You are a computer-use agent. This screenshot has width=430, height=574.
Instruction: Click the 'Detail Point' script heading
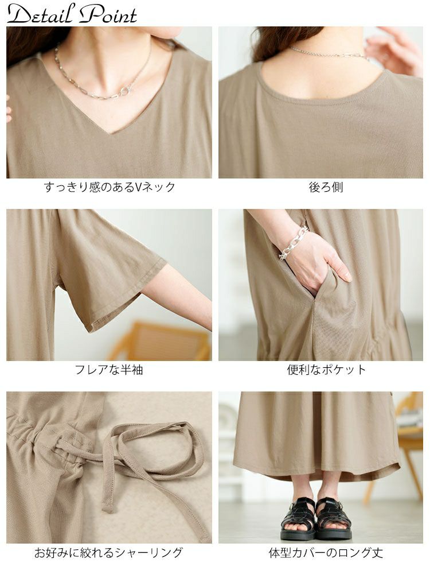click(x=72, y=15)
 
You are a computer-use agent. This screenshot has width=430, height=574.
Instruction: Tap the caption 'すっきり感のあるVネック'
click(x=110, y=188)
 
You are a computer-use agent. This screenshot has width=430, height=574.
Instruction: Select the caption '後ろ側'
click(x=326, y=188)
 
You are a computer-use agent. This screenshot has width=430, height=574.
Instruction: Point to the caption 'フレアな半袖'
click(x=108, y=369)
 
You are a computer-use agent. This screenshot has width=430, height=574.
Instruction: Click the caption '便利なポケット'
click(x=326, y=369)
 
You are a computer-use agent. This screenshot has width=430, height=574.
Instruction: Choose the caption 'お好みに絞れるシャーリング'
click(x=108, y=552)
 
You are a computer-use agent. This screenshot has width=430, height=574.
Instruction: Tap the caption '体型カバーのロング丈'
click(x=326, y=552)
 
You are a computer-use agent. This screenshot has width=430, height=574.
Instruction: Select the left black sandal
click(x=297, y=518)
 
